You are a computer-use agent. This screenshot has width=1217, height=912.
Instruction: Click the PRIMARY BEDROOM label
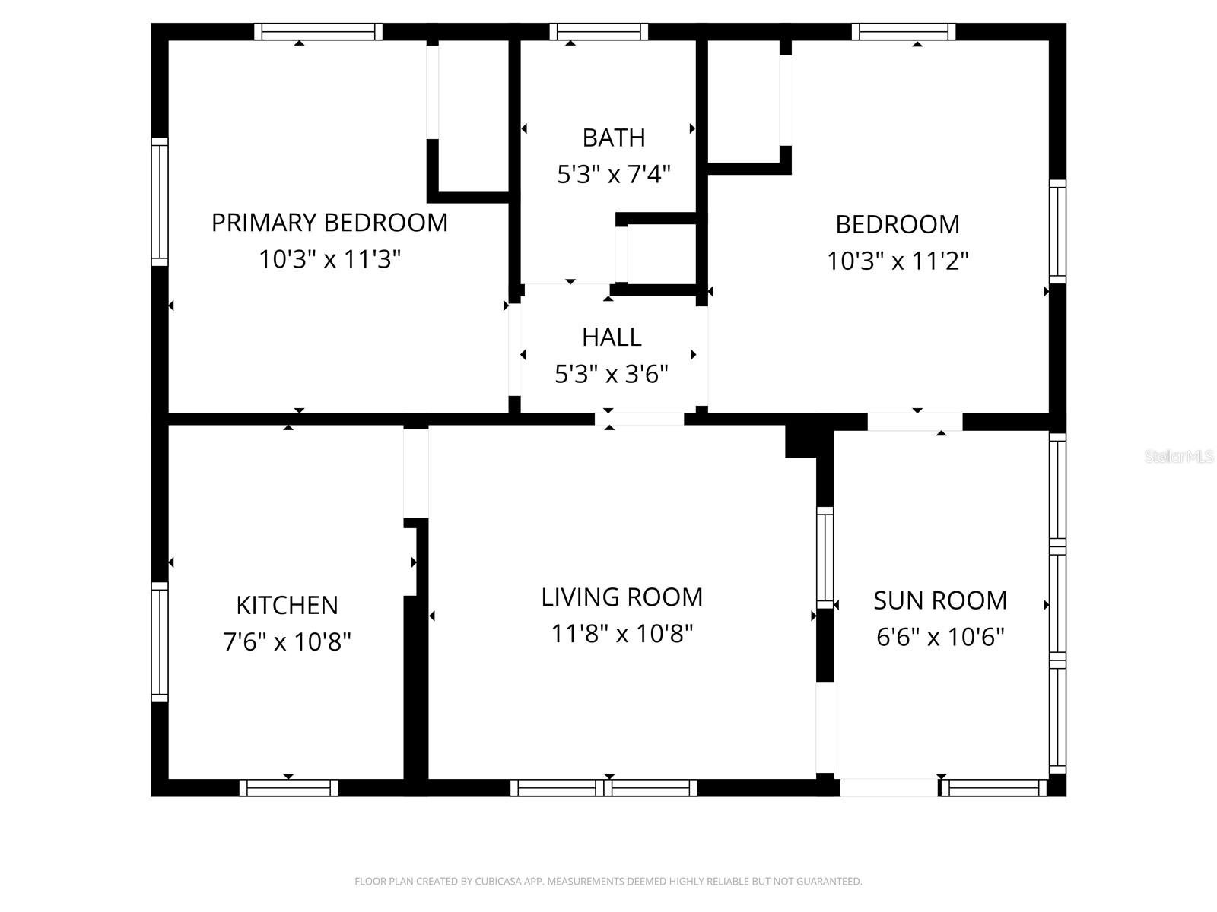329,223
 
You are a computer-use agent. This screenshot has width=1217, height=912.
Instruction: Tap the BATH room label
614,138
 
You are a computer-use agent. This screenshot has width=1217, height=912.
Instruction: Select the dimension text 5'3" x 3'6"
612,374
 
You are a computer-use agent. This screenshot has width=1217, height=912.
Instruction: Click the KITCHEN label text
287,605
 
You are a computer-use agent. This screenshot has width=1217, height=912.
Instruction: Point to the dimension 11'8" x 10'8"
621,633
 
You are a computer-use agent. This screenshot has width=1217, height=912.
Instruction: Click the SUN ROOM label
940,600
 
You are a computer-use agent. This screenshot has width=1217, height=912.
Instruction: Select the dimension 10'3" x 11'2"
898,261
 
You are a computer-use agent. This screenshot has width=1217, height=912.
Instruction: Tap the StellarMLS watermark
1179,457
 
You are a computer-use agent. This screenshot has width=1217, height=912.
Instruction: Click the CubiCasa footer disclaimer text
608,882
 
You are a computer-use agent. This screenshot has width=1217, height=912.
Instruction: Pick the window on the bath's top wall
599,32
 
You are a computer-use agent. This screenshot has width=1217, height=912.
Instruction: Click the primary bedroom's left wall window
159,201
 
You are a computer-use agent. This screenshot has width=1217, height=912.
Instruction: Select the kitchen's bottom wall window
288,788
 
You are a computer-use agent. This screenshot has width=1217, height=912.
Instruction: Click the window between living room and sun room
825,556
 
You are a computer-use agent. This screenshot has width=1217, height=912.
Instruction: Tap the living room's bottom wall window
603,788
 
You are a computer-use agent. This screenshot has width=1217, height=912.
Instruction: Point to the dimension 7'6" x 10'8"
287,642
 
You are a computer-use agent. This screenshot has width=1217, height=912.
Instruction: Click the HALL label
612,337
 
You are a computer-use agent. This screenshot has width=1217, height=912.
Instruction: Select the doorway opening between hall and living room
639,419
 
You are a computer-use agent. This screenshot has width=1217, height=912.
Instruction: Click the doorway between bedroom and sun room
914,422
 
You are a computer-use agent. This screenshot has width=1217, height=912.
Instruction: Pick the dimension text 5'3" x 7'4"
614,175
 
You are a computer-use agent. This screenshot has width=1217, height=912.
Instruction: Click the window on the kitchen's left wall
159,642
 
